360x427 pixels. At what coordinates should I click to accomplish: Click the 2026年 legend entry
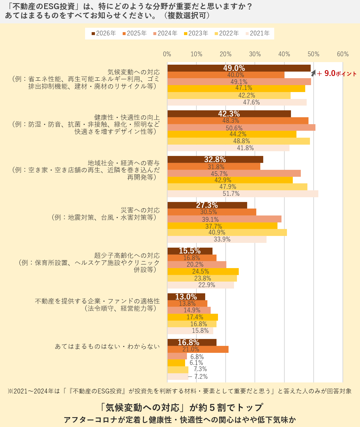104,33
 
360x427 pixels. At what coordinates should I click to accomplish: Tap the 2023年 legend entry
196,33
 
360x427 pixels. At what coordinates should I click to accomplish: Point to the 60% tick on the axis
342,54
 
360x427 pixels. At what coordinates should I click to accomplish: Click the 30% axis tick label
255,54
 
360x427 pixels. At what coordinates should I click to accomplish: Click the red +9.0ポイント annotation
337,74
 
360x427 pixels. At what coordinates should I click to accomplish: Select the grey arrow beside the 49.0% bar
313,73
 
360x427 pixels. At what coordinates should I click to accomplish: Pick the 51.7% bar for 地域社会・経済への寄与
242,194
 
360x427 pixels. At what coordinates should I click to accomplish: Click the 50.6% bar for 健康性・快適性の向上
241,127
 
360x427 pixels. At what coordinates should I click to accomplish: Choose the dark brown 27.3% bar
207,205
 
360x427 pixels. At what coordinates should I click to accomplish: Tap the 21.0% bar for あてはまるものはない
198,349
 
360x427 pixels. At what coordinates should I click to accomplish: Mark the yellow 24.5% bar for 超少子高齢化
203,271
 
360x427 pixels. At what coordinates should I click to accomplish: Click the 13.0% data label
186,297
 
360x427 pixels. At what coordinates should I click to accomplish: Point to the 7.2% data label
201,377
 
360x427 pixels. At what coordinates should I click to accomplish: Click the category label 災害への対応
141,210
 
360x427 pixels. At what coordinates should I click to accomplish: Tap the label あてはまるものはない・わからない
107,346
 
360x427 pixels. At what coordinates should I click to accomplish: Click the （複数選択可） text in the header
187,16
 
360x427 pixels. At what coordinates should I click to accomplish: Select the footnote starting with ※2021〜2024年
180,391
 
